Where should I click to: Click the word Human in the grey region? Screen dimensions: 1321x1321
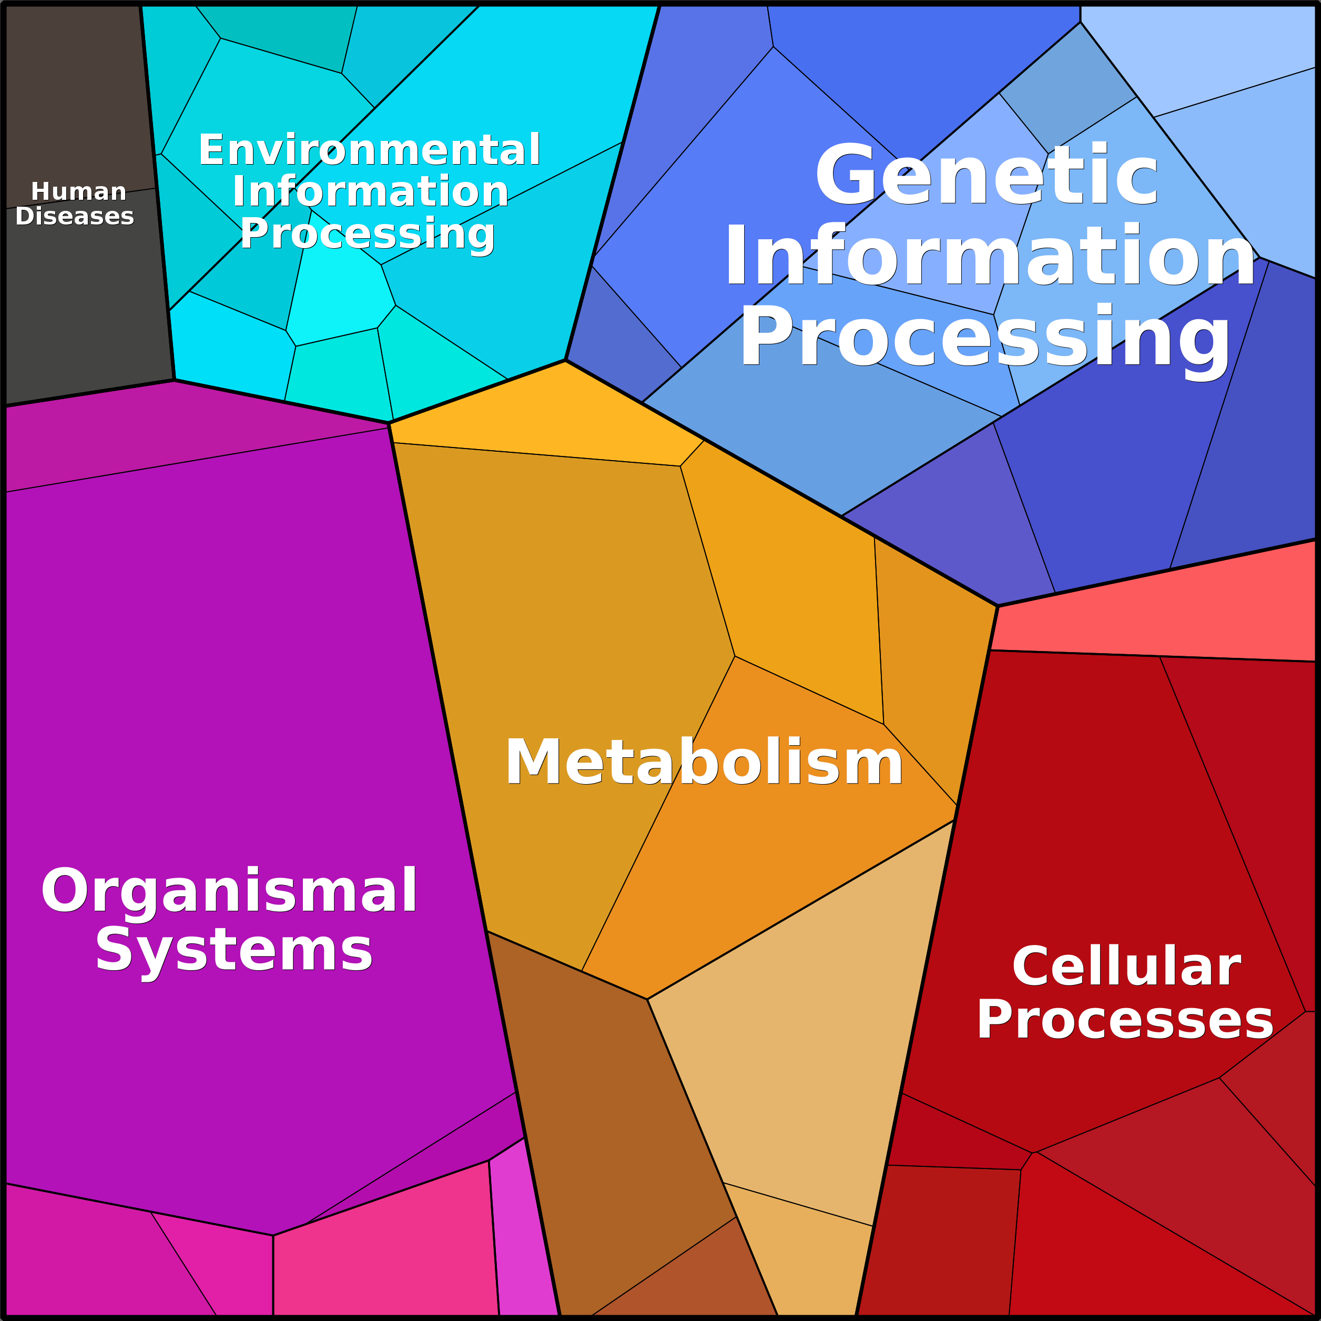tap(79, 191)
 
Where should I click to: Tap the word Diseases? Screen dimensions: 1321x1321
tap(75, 216)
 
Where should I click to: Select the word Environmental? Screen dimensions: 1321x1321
tap(369, 150)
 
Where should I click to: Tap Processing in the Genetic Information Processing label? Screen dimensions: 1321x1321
tap(985, 339)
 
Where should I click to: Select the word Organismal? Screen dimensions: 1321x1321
tap(229, 891)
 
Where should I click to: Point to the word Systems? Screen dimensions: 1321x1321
tap(234, 950)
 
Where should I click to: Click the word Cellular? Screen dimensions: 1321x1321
tap(1126, 966)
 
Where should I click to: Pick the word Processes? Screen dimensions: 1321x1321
tap(1125, 1020)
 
